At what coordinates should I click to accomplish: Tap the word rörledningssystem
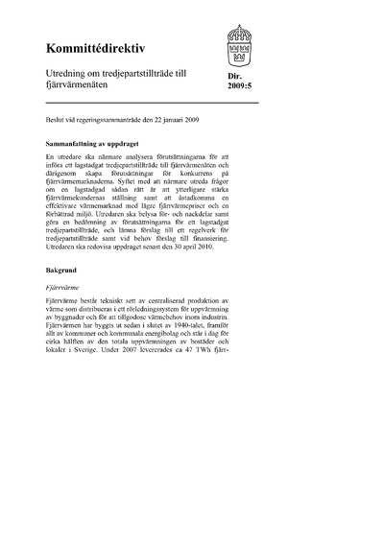pyautogui.click(x=171, y=310)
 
